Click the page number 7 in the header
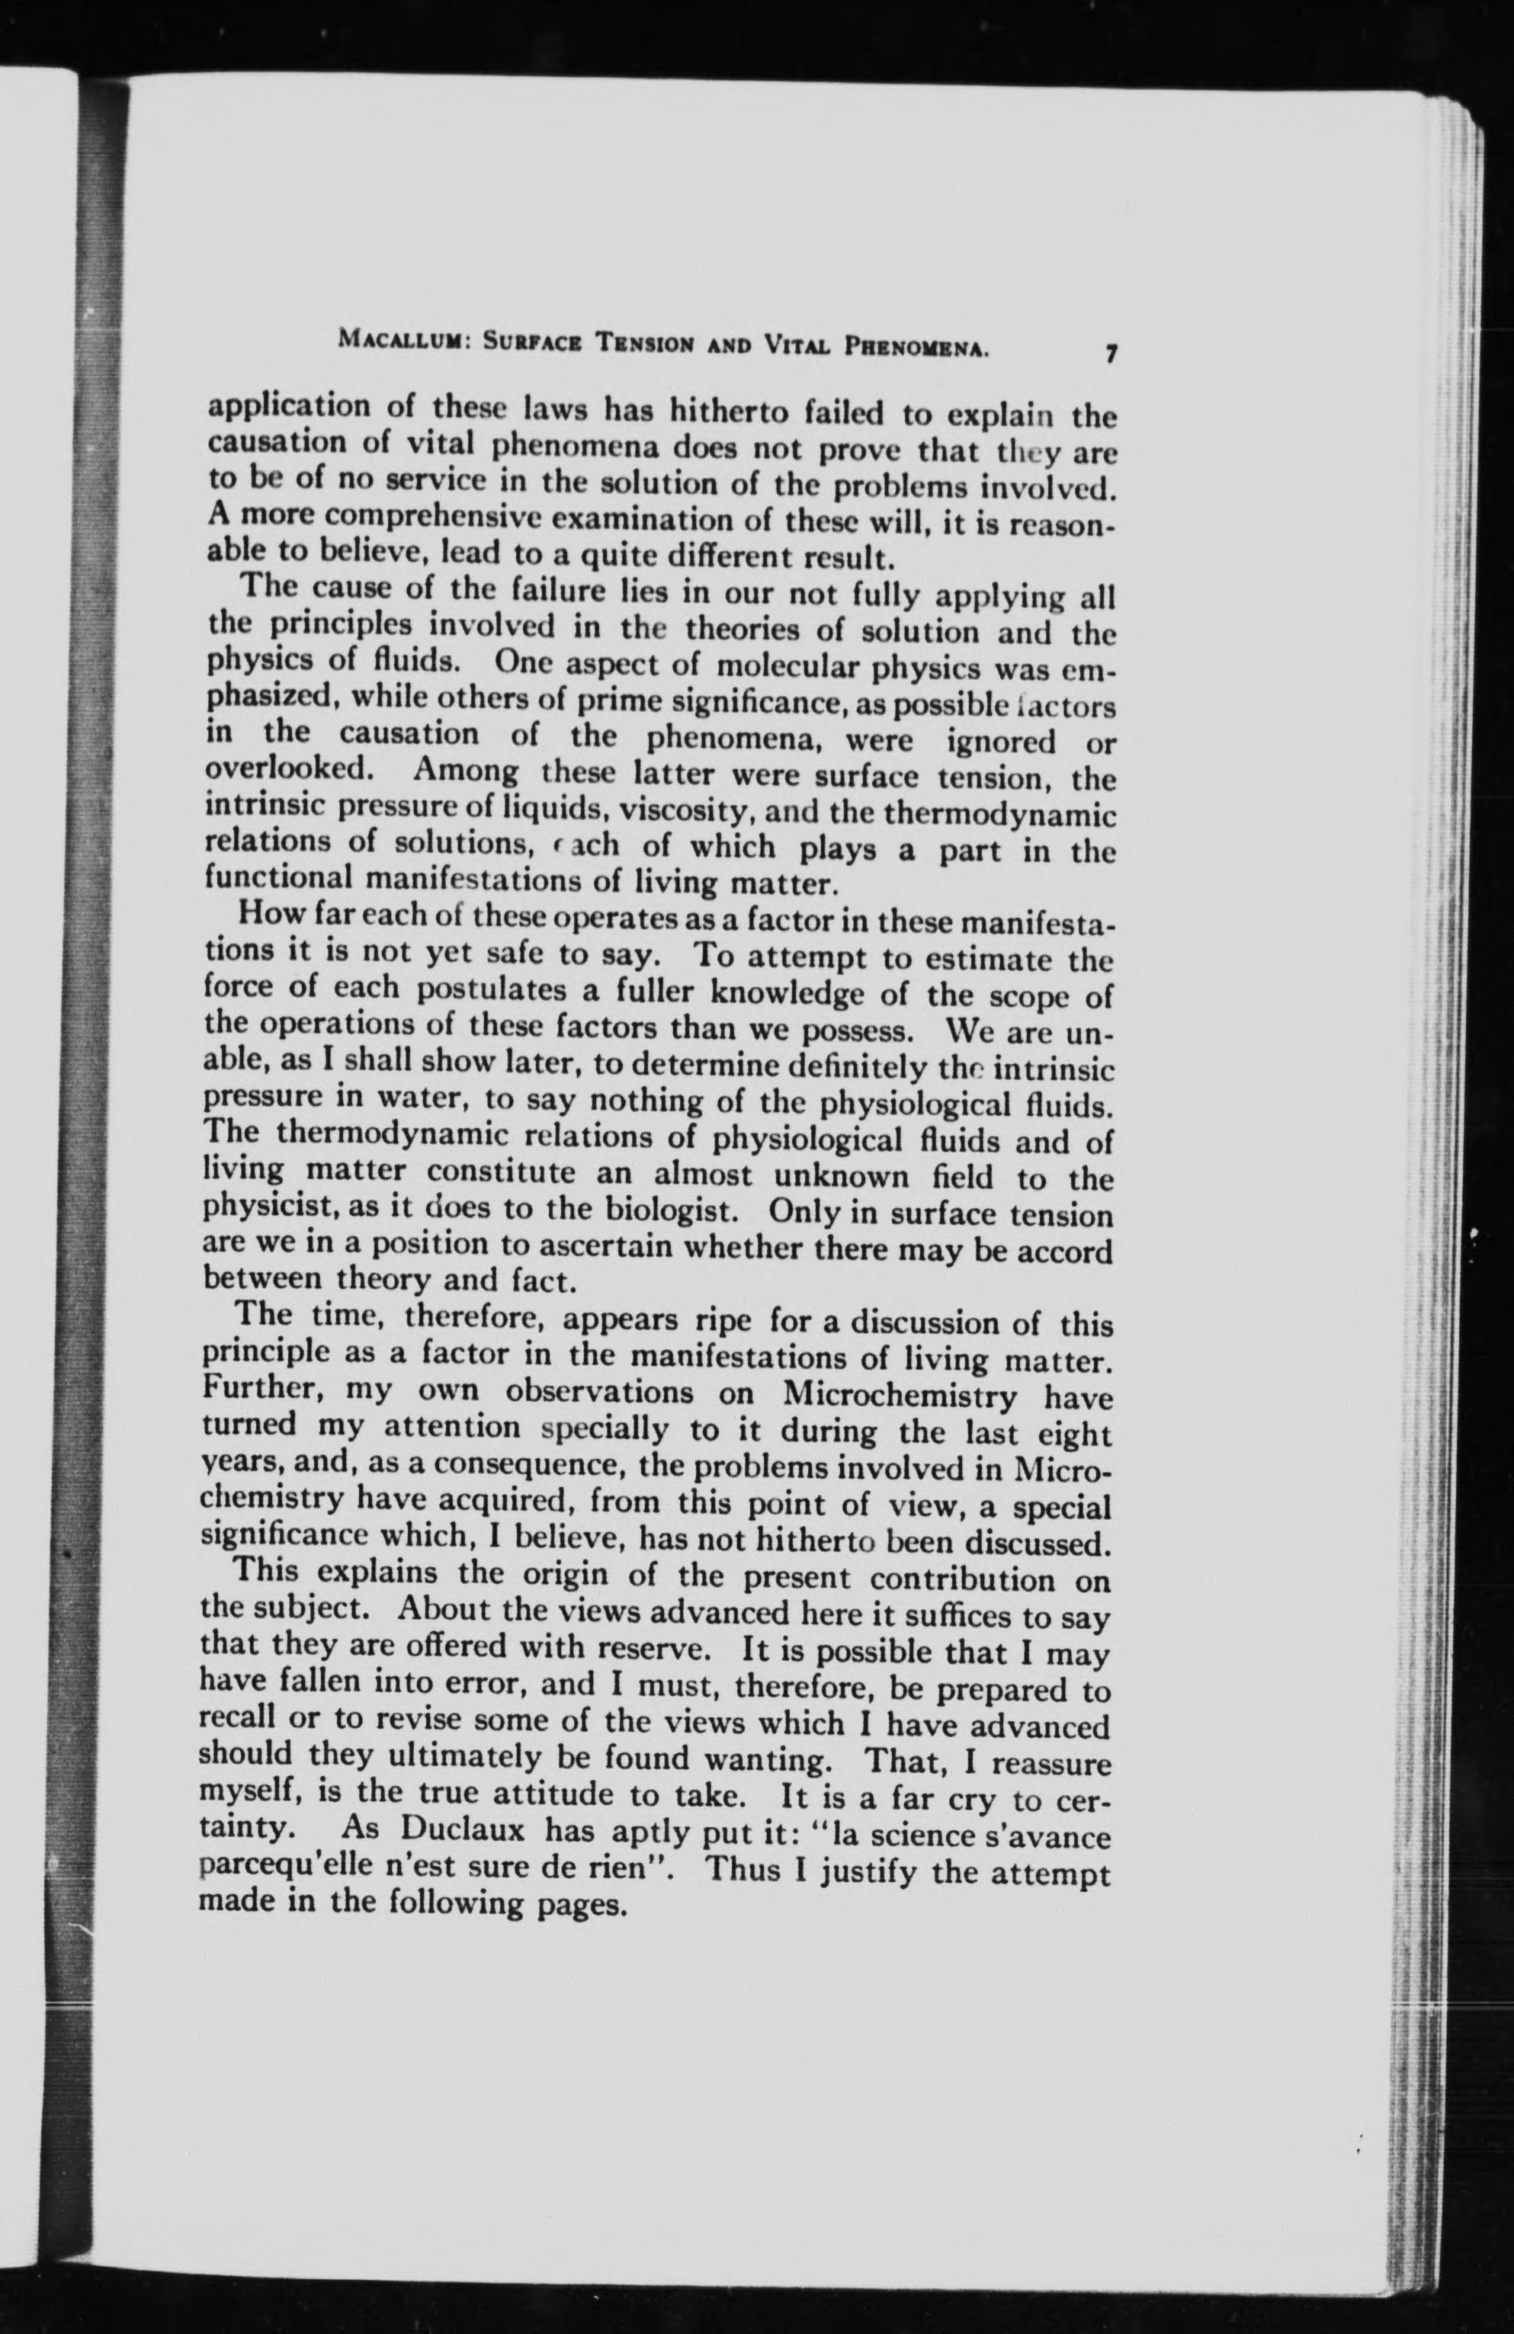tap(1110, 354)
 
